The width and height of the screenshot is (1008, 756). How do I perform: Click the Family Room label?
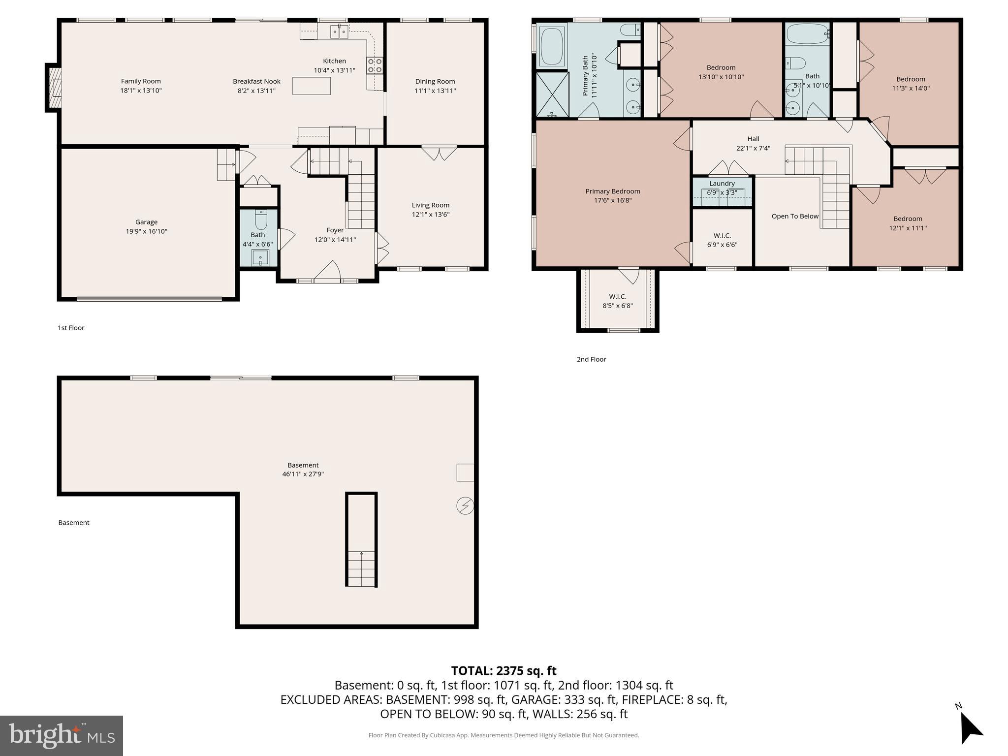[x=141, y=81]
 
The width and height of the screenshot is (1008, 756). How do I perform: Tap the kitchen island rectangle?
[x=311, y=86]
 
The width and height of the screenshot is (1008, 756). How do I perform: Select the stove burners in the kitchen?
[x=374, y=65]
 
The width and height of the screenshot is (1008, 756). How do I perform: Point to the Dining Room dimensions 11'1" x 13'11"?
[x=435, y=91]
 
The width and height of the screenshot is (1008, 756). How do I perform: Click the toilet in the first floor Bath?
[x=260, y=220]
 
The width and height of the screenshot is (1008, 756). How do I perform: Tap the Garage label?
[x=146, y=222]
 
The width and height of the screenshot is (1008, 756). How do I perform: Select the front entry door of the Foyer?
[x=327, y=273]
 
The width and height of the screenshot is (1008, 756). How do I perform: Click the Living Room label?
[x=431, y=205]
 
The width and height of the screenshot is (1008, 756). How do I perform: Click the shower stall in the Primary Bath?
[x=552, y=94]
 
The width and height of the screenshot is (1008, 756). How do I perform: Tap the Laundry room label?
[x=722, y=184]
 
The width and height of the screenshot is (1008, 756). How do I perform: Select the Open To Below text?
[x=795, y=216]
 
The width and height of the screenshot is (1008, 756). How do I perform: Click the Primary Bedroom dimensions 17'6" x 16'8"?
[x=613, y=200]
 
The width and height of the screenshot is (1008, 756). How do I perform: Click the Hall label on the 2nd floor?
[x=753, y=139]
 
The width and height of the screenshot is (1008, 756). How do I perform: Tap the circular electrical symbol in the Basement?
[x=465, y=505]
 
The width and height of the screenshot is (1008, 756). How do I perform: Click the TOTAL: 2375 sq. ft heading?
[x=504, y=670]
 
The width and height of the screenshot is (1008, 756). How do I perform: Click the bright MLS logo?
[x=62, y=735]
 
